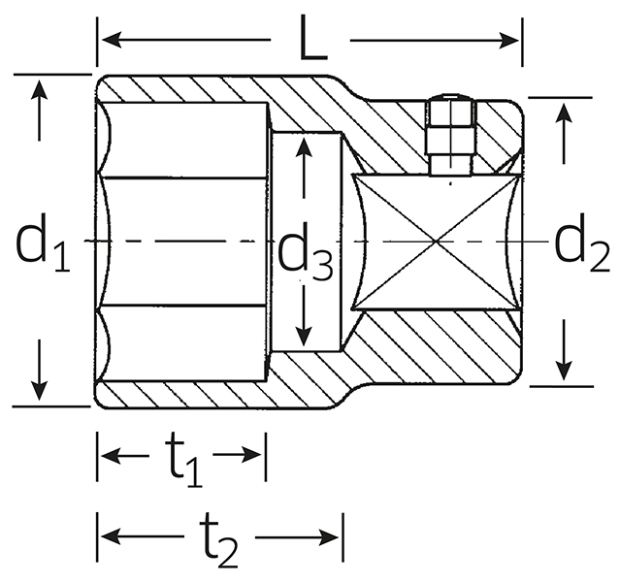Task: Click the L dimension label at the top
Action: pyautogui.click(x=313, y=38)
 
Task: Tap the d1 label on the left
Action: pyautogui.click(x=43, y=242)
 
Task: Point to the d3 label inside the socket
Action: pyautogui.click(x=306, y=252)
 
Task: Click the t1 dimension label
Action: pyautogui.click(x=182, y=461)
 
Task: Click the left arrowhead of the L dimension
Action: pyautogui.click(x=112, y=40)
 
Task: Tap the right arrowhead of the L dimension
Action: pyautogui.click(x=508, y=40)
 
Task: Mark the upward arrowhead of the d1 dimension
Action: pyautogui.click(x=39, y=90)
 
